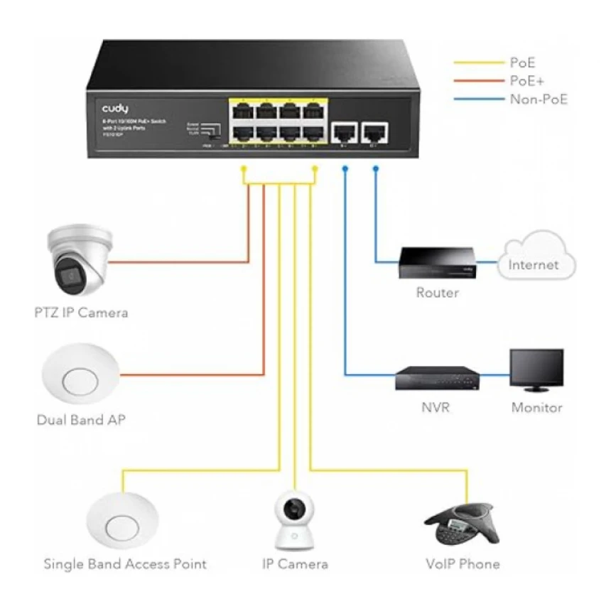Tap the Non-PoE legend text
pos(539,99)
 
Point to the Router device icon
pos(437,263)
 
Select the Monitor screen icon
pos(536,369)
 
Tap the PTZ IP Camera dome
pos(77,259)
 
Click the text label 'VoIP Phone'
pos(463,565)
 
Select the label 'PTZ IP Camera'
pos(81,312)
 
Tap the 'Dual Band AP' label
pos(81,420)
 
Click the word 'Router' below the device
pos(437,292)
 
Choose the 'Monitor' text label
pos(536,408)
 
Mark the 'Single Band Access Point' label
pos(125,565)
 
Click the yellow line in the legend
pos(477,63)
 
